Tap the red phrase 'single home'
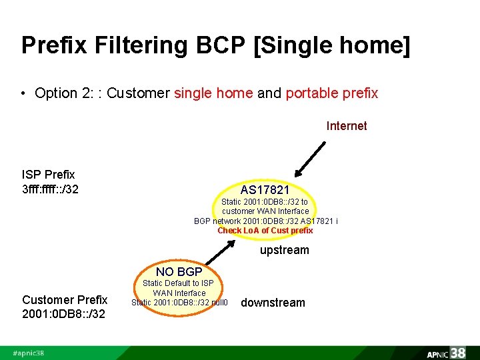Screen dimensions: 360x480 click(x=213, y=93)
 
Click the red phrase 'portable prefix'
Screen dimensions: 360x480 click(x=331, y=93)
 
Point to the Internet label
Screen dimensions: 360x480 click(x=346, y=126)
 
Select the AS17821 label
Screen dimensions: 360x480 click(x=265, y=191)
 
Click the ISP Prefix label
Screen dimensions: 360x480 click(x=49, y=175)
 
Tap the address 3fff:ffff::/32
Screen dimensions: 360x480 click(x=51, y=189)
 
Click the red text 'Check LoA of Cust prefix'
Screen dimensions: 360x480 click(x=265, y=231)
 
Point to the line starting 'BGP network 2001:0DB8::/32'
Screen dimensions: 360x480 click(x=265, y=221)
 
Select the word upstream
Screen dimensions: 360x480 click(x=284, y=250)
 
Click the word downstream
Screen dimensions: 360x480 click(x=273, y=303)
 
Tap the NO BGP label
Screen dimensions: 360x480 click(x=179, y=272)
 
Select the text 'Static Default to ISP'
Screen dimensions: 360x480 click(x=179, y=283)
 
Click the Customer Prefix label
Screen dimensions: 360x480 click(x=64, y=299)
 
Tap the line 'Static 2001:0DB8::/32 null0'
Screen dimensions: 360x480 click(x=179, y=303)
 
